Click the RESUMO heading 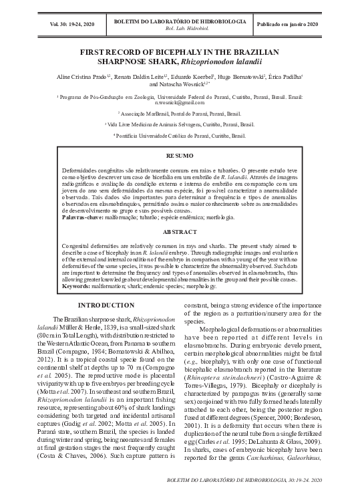click(179, 156)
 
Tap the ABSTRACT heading click(179, 232)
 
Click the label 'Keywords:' click(76, 285)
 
